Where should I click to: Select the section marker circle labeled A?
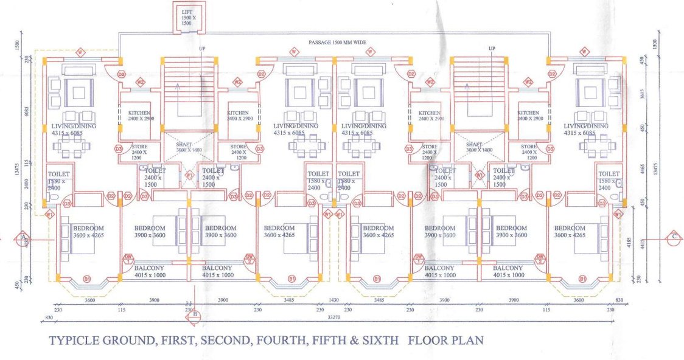pyautogui.click(x=24, y=237)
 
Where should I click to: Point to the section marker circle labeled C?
pyautogui.click(x=674, y=237)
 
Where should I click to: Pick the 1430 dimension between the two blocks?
pyautogui.click(x=333, y=300)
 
